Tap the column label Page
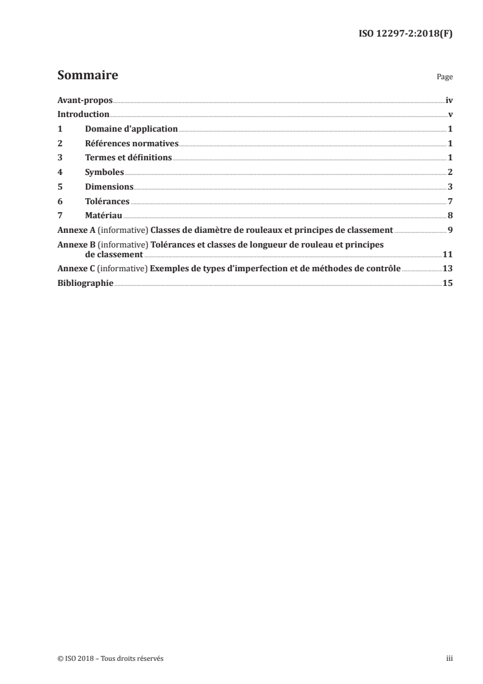(445, 78)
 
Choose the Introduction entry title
(83, 115)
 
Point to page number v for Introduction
(450, 115)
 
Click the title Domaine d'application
(131, 129)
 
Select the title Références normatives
(132, 144)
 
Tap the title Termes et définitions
(129, 158)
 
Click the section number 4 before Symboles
(60, 173)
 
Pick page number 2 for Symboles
(450, 173)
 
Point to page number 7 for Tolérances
(450, 201)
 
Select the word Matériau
(104, 216)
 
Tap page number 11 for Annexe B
(448, 254)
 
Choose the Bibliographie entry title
(85, 283)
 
